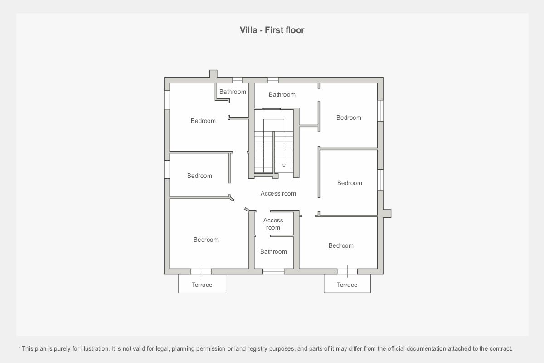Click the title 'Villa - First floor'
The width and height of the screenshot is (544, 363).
[x=272, y=30]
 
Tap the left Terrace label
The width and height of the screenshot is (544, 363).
[x=202, y=285]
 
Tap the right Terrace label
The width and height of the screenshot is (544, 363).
[x=347, y=285]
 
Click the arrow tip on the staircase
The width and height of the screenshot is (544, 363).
[x=284, y=167]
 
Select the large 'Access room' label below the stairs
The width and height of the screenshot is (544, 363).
[x=278, y=194]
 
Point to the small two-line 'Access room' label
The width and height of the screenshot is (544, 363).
[x=273, y=224]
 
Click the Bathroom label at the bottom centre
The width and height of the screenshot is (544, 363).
[x=273, y=252]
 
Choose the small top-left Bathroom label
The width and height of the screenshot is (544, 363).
[x=233, y=92]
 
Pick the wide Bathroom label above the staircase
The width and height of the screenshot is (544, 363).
[x=282, y=95]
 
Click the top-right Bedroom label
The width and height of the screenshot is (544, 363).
[x=349, y=118]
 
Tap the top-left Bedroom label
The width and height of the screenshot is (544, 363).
[x=203, y=121]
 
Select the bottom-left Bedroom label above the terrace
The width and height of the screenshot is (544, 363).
[x=206, y=240]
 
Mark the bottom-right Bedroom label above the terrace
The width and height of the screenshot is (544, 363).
[x=341, y=246]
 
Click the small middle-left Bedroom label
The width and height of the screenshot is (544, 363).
[x=199, y=176]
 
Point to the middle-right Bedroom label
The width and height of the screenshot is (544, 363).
[x=350, y=183]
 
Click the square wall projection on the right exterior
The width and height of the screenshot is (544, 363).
[x=387, y=213]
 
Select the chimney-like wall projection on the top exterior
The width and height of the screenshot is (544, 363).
[x=213, y=74]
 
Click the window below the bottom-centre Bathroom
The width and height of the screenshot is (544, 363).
[x=273, y=271]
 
